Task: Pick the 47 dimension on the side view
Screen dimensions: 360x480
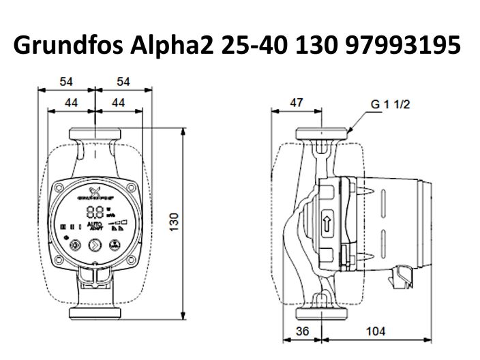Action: coord(296,102)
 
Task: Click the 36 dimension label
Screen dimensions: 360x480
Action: coord(304,331)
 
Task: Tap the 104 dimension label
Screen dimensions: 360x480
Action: coord(375,331)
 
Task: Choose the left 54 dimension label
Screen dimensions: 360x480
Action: coord(66,81)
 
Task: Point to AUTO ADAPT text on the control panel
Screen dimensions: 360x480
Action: coord(95,226)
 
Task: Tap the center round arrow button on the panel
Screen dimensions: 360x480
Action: coord(95,244)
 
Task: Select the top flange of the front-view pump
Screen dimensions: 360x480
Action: coord(95,132)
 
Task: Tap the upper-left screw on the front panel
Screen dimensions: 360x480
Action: coord(61,185)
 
